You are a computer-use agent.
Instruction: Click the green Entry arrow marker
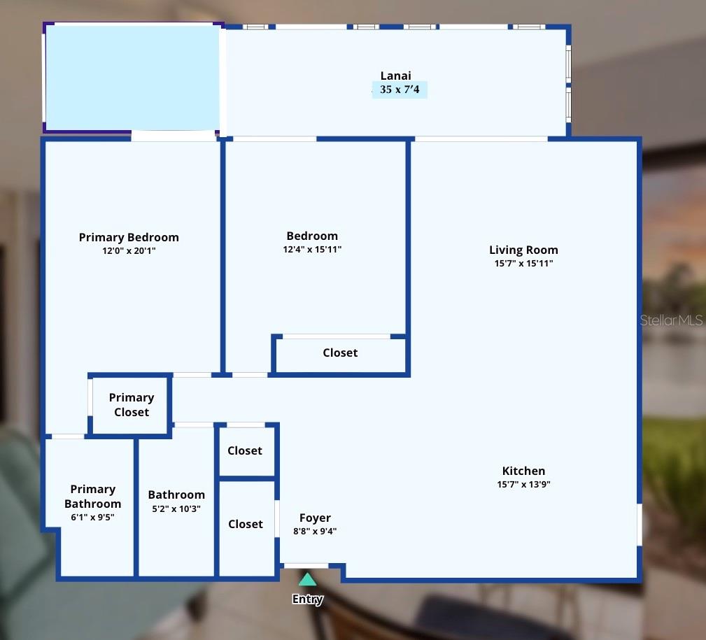307,579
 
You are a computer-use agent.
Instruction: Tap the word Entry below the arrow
307,599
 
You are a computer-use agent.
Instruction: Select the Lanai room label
395,76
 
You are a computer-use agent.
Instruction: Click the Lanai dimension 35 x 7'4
400,90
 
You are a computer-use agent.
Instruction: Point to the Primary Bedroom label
129,237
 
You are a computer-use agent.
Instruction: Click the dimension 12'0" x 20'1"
129,250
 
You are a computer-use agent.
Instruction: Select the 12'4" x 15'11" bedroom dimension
312,249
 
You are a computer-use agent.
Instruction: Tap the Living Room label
523,250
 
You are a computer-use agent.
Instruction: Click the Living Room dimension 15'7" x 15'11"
523,264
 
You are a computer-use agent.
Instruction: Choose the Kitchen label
523,471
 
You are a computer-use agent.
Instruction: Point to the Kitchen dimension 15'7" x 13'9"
523,484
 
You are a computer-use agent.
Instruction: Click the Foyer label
315,518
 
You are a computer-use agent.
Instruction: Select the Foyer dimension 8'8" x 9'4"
315,531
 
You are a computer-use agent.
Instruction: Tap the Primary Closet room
132,405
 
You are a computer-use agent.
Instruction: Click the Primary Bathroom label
92,496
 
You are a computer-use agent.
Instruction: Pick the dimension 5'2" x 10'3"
176,509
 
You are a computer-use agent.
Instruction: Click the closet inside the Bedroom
340,353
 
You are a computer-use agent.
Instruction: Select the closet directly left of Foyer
246,524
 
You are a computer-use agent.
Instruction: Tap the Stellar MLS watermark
671,320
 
